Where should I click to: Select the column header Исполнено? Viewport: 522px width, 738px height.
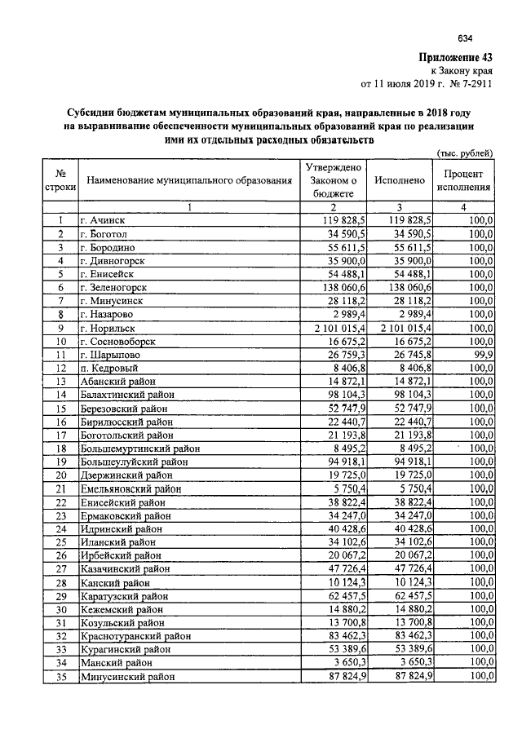pos(399,179)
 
